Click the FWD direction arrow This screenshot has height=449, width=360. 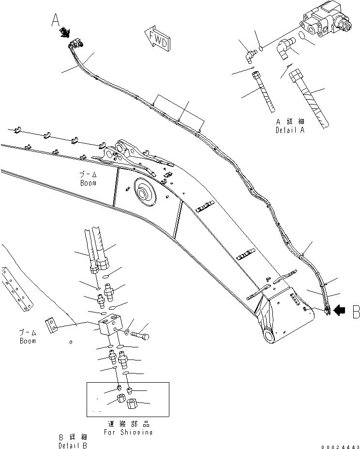click(x=157, y=38)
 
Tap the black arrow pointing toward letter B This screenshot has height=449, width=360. click(x=340, y=312)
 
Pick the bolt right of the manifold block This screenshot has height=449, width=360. click(x=140, y=334)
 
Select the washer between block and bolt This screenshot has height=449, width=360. click(x=126, y=332)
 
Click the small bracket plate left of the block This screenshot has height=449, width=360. click(x=52, y=325)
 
